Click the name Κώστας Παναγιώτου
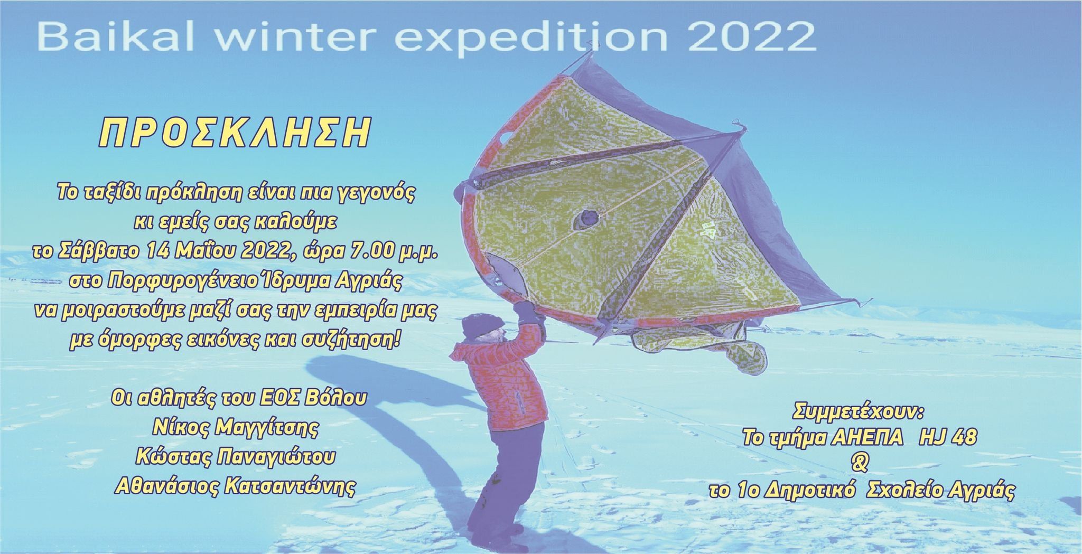(235, 457)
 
